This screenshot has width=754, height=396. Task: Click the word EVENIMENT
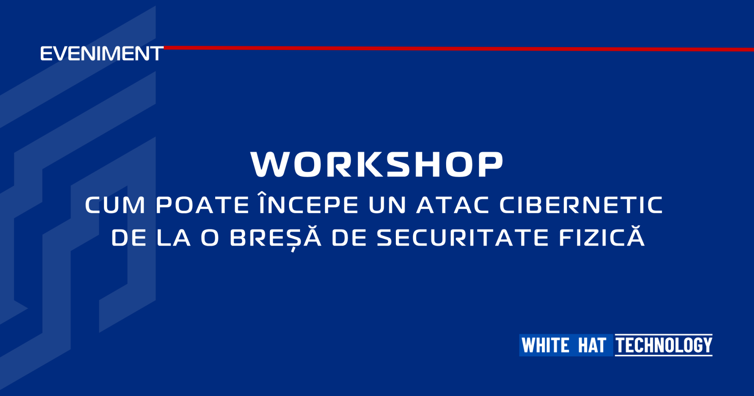[102, 54]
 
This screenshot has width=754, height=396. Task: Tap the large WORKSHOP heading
[377, 164]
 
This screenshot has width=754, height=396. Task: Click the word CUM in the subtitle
[115, 205]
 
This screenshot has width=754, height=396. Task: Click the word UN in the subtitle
[387, 205]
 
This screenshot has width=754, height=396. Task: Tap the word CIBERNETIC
[581, 205]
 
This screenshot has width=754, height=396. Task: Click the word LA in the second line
[174, 238]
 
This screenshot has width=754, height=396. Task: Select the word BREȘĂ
[276, 238]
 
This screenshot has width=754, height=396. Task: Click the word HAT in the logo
[592, 345]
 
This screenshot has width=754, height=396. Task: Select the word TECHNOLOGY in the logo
[664, 345]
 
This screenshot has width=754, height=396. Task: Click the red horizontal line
[459, 49]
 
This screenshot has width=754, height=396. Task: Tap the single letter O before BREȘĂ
[210, 238]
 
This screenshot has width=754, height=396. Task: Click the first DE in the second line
[129, 238]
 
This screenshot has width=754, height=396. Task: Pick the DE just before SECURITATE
[350, 238]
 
